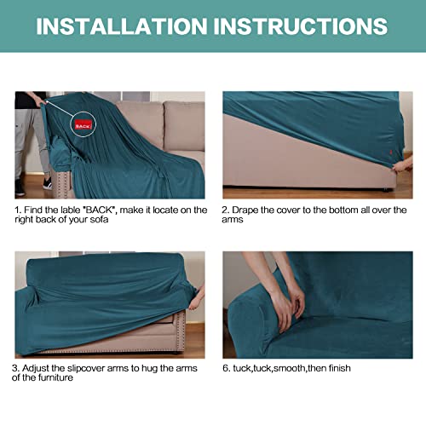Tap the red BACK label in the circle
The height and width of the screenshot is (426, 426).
83,124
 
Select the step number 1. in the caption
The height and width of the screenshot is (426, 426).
19,210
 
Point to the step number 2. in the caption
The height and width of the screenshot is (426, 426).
227,210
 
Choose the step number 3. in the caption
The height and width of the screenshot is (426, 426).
19,368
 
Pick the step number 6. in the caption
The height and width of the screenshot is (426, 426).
227,368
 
